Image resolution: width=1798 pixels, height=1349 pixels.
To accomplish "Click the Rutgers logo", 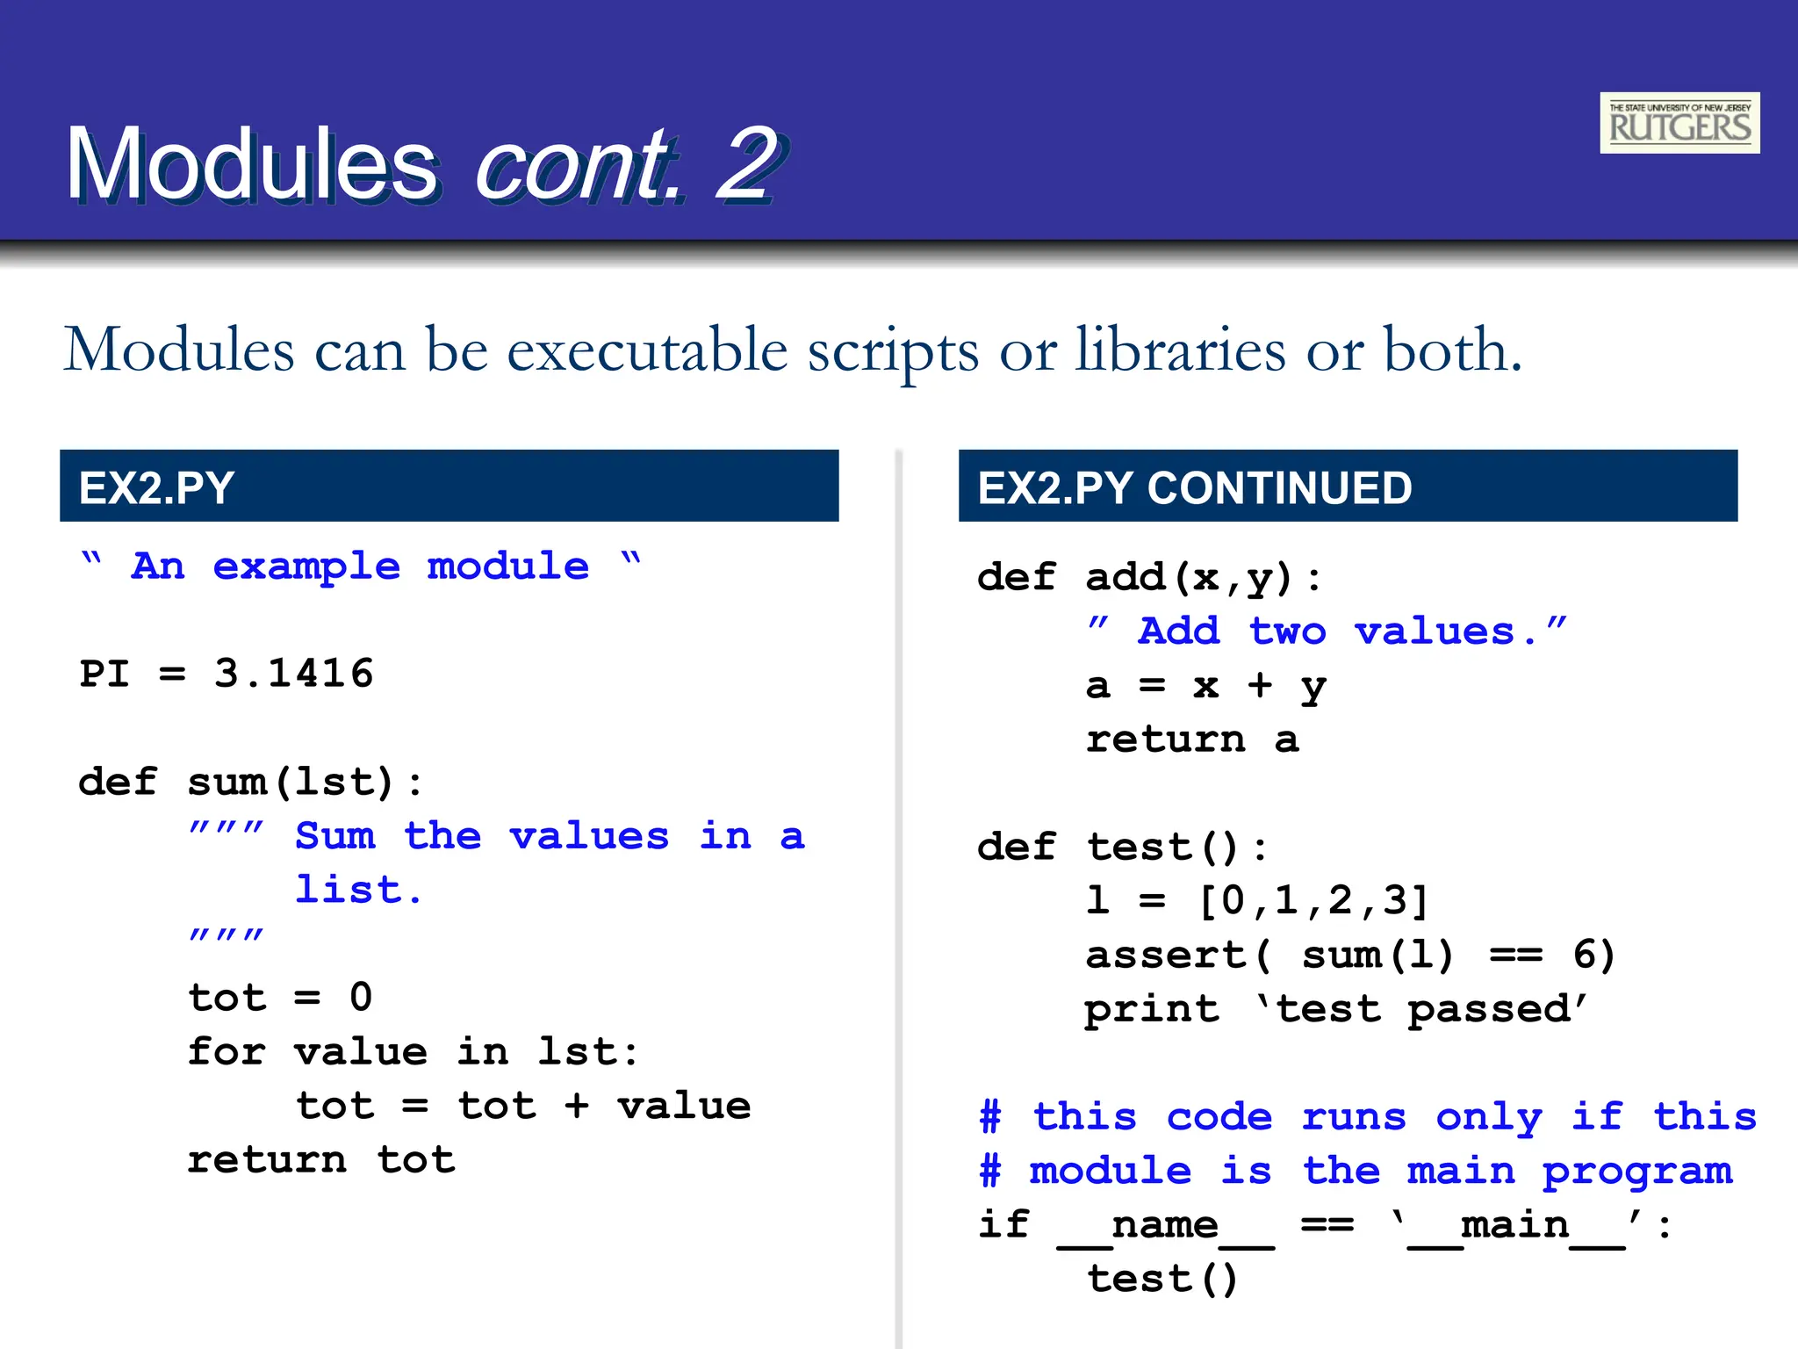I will point(1679,123).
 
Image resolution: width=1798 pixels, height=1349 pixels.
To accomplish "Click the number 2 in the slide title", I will point(746,164).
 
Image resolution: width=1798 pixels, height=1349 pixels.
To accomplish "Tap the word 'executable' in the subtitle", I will point(647,350).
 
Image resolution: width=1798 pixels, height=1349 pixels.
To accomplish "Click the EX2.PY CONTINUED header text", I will point(1194,487).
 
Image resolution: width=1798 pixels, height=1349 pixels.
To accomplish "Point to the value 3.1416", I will point(294,674).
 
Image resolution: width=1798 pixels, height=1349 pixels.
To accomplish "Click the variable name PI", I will point(104,674).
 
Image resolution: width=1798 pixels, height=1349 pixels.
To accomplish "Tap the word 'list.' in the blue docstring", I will point(358,890).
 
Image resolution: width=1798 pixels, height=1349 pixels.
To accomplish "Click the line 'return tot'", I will point(321,1160).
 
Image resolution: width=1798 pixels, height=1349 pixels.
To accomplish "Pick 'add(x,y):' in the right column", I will point(1203,578).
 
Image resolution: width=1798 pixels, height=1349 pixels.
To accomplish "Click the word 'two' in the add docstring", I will point(1287,631).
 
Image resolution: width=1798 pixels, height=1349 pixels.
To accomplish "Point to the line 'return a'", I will point(1191,739).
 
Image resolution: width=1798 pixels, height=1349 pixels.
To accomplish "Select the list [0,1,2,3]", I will point(1313,901).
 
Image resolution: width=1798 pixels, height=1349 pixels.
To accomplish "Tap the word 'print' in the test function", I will point(1151,1009).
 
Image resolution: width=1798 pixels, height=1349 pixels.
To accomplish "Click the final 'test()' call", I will point(1162,1280).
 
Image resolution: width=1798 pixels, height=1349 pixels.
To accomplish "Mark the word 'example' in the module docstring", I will point(306,566).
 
